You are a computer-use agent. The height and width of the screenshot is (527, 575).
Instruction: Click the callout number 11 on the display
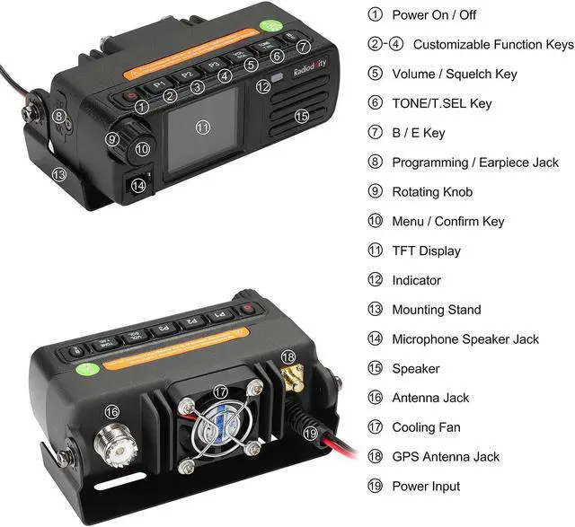(x=202, y=127)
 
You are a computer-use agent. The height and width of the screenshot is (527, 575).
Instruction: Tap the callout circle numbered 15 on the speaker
(x=302, y=116)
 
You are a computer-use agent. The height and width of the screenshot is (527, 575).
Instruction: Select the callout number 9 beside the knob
(x=112, y=138)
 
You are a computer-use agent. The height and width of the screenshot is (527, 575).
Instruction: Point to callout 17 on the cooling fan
(x=221, y=391)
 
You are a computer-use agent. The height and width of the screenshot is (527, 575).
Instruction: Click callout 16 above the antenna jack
(x=111, y=411)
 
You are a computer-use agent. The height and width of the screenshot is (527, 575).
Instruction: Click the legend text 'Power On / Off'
(x=433, y=14)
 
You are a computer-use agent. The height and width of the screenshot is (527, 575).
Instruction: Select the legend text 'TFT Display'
(x=426, y=250)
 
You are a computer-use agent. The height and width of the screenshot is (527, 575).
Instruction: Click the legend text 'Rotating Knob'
(x=432, y=191)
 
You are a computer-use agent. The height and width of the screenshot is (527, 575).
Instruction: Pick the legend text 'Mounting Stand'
(x=437, y=310)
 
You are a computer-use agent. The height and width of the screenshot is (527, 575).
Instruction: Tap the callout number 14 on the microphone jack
(x=137, y=186)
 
